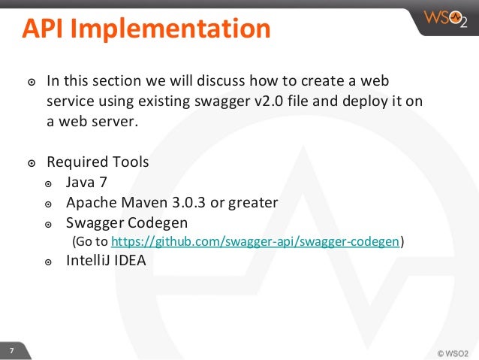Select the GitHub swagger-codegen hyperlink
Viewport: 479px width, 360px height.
coord(255,241)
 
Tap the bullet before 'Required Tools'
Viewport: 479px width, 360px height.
coord(30,163)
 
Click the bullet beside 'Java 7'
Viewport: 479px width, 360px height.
coord(49,183)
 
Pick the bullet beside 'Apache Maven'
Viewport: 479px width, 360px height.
coord(49,204)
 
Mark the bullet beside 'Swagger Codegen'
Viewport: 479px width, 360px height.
coord(49,224)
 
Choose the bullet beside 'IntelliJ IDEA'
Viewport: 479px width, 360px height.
coord(49,262)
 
